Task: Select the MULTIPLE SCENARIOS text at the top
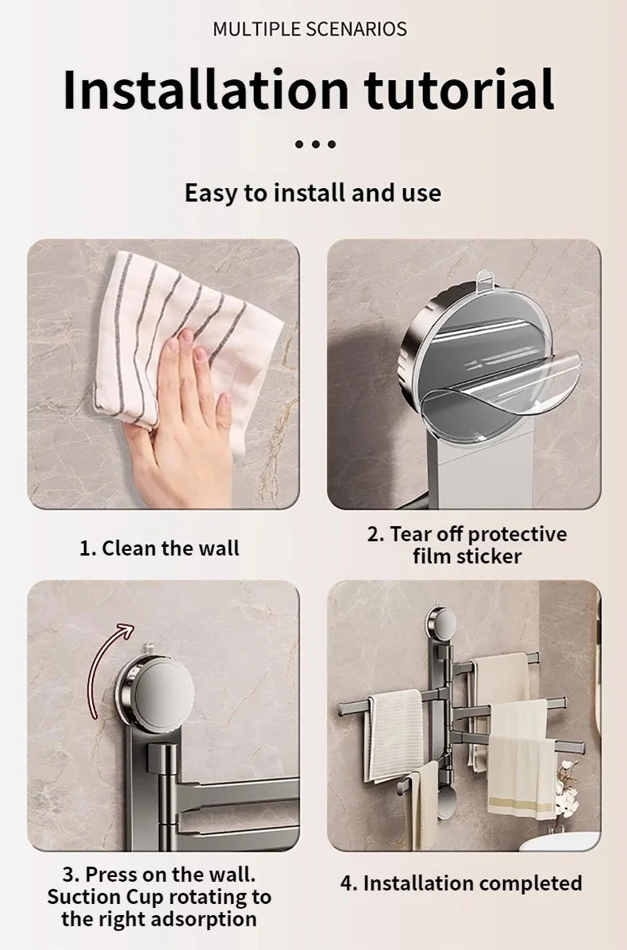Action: coord(310,29)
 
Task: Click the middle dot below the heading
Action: coord(315,144)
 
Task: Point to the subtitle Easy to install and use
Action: coord(313,193)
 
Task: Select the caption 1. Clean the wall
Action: coord(159,548)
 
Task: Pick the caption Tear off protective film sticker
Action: coord(467,544)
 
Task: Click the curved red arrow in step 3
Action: coord(105,667)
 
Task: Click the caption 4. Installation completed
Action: coord(461,883)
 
